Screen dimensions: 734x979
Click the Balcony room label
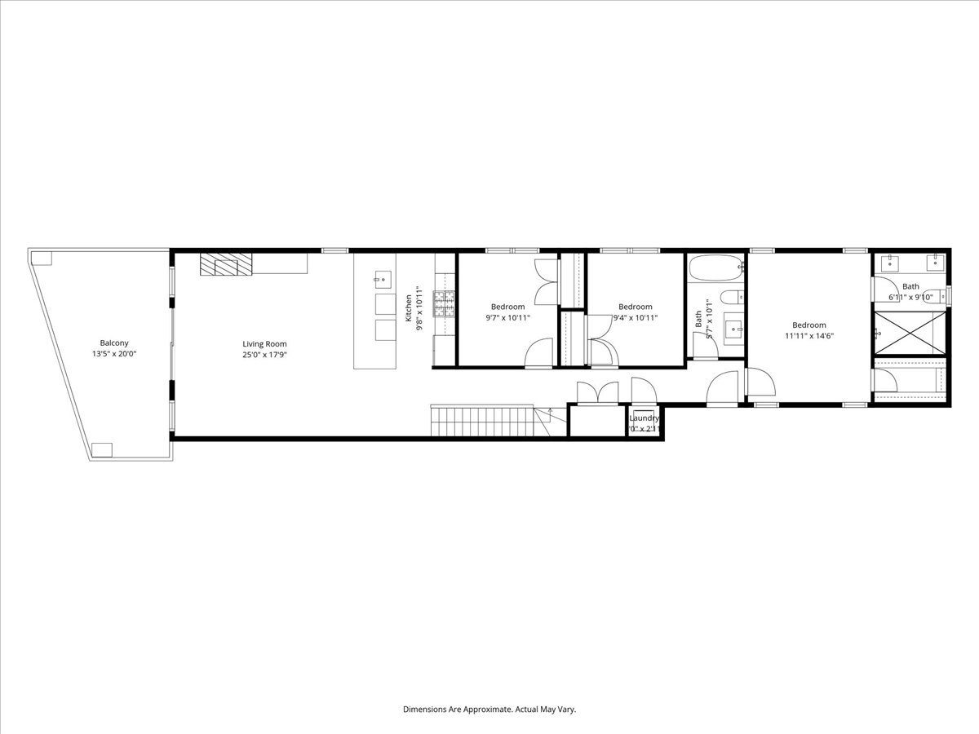114,343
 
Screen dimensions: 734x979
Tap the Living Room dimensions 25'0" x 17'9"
264,355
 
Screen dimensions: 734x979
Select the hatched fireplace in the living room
227,264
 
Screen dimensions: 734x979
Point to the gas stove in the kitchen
444,304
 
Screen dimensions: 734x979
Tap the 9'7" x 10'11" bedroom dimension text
507,318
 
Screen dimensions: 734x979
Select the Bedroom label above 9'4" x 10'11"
635,307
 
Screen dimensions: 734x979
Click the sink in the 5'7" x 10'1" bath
733,330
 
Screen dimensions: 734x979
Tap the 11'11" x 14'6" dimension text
809,335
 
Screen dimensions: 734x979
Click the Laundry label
644,418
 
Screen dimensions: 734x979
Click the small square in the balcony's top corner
42,259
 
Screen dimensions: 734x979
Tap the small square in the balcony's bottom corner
101,449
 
